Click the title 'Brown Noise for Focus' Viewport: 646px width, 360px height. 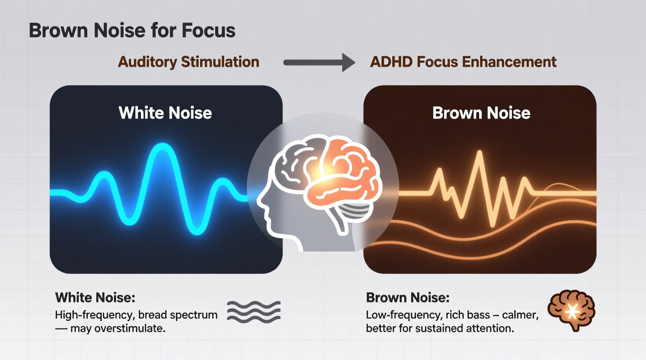132,31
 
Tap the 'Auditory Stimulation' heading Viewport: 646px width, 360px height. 188,62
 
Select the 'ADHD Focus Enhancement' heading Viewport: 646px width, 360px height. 463,62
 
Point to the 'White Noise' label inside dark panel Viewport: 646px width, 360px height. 165,113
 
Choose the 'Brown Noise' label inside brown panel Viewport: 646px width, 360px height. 481,113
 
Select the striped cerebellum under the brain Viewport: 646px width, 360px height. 354,211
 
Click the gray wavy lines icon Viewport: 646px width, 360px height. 254,312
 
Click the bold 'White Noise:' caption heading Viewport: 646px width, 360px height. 95,298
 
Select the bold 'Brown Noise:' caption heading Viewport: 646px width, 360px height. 408,298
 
